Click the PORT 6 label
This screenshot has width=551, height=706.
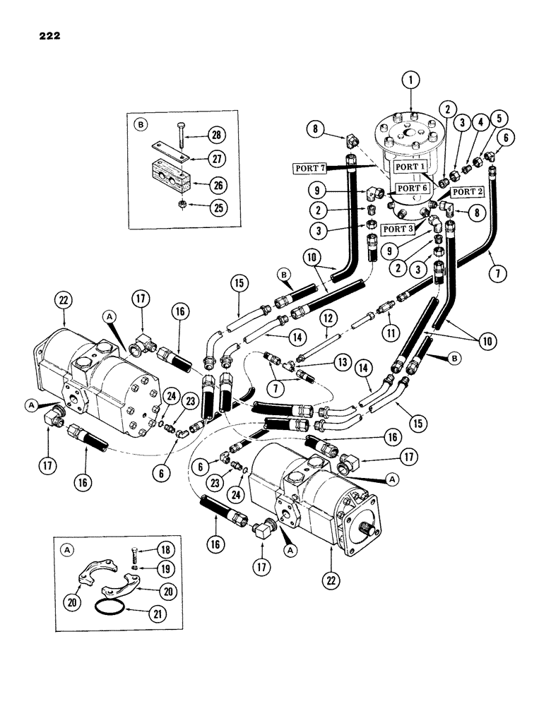(412, 189)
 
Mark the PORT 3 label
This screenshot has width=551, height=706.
(400, 229)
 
